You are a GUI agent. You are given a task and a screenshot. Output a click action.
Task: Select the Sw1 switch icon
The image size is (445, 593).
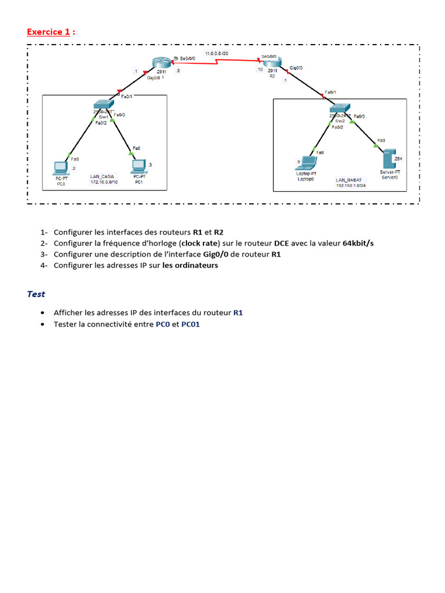pos(104,105)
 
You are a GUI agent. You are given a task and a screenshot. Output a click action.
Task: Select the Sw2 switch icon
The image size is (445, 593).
pos(340,108)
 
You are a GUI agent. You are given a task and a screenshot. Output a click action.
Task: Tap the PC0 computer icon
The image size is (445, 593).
pos(60,169)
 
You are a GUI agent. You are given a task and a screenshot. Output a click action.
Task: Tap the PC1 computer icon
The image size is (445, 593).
pos(138,167)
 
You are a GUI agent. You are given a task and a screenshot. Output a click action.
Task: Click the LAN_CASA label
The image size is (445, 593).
pos(102,176)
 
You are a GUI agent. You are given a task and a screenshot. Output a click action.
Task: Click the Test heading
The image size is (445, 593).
pos(36,294)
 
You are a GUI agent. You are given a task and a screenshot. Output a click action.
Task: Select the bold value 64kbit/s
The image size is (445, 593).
pos(358,243)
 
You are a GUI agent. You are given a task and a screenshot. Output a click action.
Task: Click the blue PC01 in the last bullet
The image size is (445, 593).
pos(191,324)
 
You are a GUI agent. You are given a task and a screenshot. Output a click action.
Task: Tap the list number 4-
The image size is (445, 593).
pos(44,265)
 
